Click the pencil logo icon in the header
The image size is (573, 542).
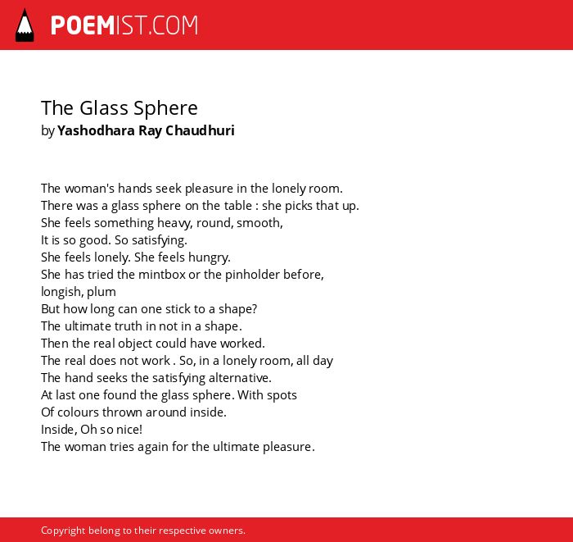pos(25,25)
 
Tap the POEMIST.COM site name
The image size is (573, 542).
pos(124,25)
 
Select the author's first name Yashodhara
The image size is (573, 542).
pos(96,130)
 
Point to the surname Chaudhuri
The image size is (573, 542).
pos(200,130)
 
